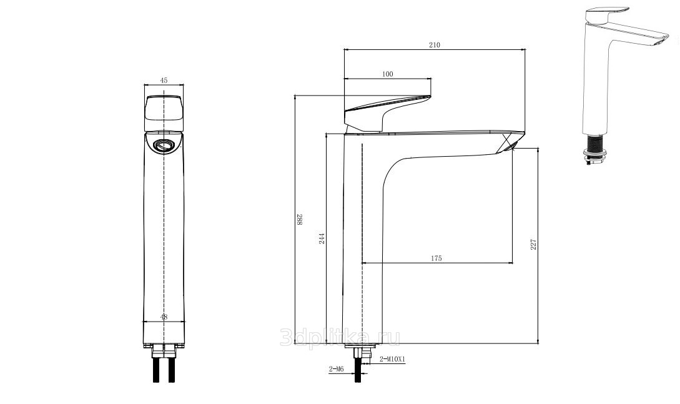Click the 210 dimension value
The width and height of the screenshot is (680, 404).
point(434,45)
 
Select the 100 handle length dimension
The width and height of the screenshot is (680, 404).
point(388,74)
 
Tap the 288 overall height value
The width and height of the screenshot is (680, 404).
point(300,220)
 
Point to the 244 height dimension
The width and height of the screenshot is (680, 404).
point(322,239)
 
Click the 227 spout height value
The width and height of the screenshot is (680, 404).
point(533,244)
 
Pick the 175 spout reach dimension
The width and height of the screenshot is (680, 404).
point(436,259)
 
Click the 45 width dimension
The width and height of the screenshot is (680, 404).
point(164,80)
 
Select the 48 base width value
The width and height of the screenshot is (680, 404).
point(164,317)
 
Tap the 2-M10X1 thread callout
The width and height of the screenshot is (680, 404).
point(392,359)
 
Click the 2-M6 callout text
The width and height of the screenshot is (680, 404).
point(336,369)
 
